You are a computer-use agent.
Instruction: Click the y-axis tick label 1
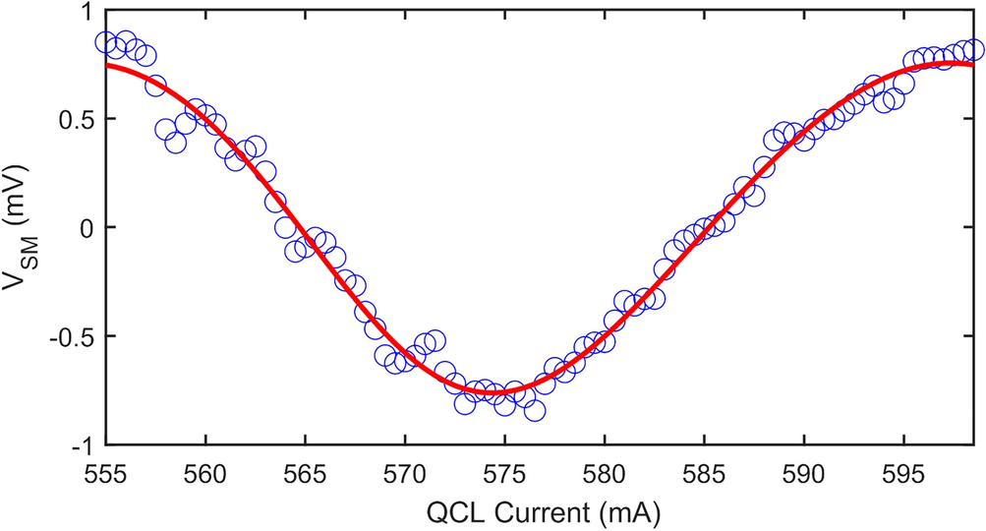86,11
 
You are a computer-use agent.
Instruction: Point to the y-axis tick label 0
86,228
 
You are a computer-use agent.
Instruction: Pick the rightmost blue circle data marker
974,49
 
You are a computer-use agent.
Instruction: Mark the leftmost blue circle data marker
106,42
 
